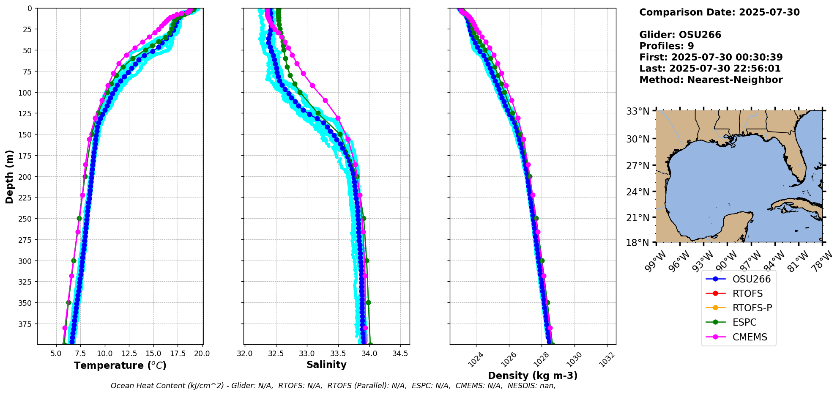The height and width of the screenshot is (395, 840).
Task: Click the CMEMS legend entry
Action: pos(750,337)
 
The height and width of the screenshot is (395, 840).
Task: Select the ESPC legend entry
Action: pos(744,322)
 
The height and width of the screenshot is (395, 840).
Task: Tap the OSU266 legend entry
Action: pos(751,279)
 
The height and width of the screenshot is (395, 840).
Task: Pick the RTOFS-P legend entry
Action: pos(752,308)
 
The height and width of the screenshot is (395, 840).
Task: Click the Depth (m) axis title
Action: pos(9,176)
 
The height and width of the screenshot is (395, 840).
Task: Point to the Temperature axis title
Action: pos(120,365)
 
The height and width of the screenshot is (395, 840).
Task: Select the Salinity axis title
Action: pos(326,365)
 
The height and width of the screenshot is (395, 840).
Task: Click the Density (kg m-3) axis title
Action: pos(533,376)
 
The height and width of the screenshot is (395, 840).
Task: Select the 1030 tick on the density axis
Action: pos(574,359)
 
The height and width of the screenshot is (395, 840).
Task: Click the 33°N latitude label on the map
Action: pos(638,111)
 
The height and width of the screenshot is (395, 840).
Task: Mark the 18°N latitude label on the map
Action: pos(638,243)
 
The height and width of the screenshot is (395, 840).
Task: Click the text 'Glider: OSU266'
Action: pos(680,35)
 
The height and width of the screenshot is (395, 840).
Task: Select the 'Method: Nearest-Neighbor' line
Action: pos(711,80)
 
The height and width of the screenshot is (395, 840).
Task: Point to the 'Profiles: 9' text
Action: pos(666,46)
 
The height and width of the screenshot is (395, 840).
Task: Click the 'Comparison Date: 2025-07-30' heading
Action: pos(719,12)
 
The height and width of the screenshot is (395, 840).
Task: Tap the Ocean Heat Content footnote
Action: pos(333,386)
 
